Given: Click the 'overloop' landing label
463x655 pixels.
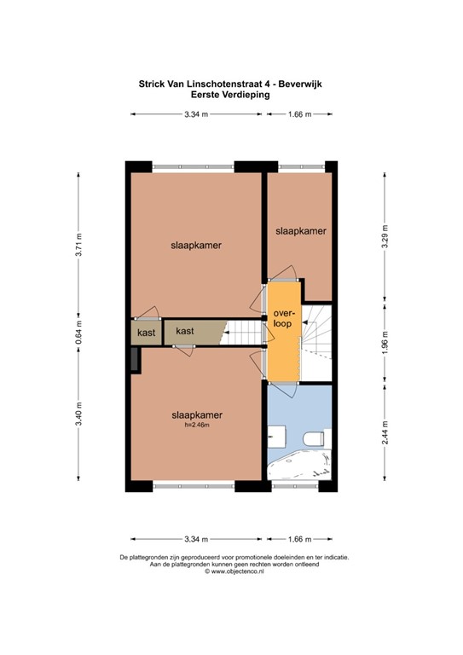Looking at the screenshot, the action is [282, 318].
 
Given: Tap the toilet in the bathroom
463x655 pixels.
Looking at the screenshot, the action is [315, 439].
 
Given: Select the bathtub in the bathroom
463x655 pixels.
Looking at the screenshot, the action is [299, 468].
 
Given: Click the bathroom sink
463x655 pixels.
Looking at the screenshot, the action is [276, 438].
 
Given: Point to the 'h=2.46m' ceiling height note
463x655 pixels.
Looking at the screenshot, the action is [197, 425].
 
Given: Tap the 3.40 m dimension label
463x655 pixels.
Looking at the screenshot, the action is [79, 414].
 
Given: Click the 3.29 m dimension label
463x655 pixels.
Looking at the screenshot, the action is [385, 236].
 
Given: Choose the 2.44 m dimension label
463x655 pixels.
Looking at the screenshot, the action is [385, 432].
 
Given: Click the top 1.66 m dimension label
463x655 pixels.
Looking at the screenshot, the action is [300, 114].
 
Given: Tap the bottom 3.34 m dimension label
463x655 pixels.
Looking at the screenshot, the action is [196, 539].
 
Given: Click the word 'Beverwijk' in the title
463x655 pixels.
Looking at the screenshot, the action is [300, 84].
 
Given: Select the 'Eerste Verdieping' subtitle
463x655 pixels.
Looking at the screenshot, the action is [230, 95].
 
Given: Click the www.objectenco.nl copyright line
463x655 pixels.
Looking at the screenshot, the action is [234, 571].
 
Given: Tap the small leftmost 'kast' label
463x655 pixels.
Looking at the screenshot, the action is [146, 333].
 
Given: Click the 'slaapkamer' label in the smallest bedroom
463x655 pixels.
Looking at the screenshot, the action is [301, 231].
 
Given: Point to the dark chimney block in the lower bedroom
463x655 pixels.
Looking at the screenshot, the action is [135, 359].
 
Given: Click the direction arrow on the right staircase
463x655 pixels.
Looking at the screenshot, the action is [304, 322].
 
